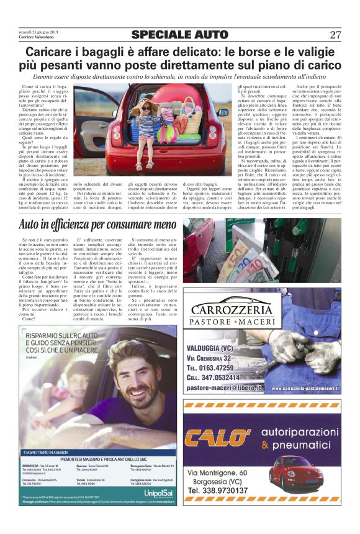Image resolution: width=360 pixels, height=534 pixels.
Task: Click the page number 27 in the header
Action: click(x=335, y=35)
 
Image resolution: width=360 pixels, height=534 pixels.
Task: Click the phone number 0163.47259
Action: click(x=220, y=368)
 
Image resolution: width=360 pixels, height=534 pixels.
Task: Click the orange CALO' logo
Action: click(x=221, y=438)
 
